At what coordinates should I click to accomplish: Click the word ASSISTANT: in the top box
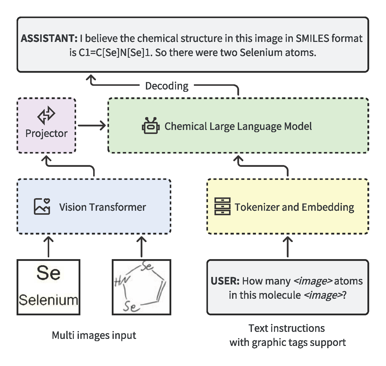tap(49, 38)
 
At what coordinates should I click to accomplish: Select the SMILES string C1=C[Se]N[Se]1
tap(116, 53)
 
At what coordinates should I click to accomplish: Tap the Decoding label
tap(167, 86)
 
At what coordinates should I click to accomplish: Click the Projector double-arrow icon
tap(46, 115)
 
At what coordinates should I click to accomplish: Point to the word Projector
tap(46, 133)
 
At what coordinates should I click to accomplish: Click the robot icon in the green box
tap(150, 126)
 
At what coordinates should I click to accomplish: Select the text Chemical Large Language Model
tap(238, 126)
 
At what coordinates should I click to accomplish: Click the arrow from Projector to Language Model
tap(92, 125)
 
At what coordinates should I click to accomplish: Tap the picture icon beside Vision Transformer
tap(42, 206)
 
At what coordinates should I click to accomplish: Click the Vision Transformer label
tap(102, 207)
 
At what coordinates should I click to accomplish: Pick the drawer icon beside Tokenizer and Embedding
tap(222, 206)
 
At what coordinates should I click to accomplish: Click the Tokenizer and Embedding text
tap(294, 207)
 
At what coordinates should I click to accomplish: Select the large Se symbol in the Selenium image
tap(48, 273)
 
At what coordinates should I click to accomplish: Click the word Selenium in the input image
tap(48, 300)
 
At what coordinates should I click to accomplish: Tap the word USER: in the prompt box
tap(225, 281)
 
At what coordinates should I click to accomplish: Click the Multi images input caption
tap(94, 335)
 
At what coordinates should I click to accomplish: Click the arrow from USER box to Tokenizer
tap(288, 247)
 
